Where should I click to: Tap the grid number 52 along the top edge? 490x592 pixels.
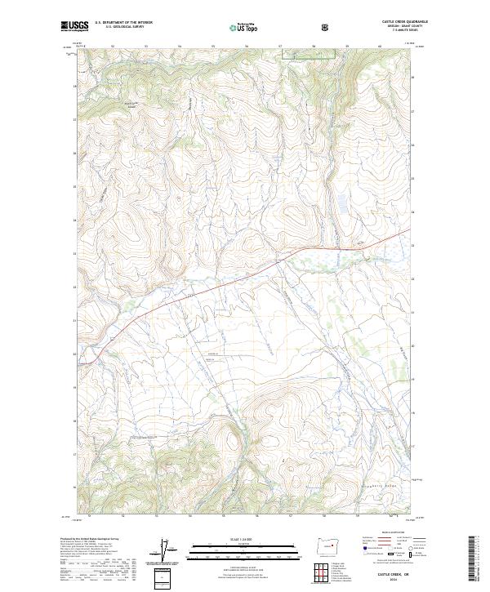[x=111, y=46]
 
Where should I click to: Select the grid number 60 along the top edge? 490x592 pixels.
[x=381, y=46]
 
